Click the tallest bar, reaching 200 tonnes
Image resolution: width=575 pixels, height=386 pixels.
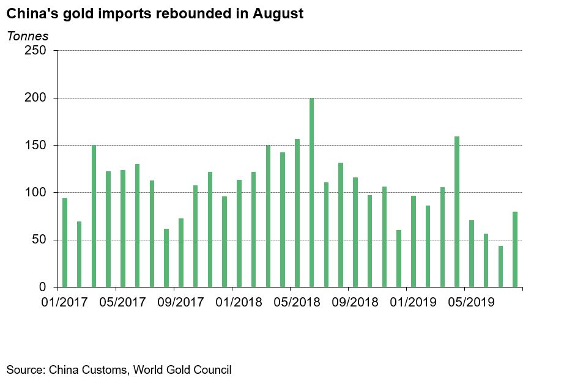tap(311, 193)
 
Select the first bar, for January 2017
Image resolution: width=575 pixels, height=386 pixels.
tap(65, 243)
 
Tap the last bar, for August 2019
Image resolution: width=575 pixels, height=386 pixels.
tap(515, 250)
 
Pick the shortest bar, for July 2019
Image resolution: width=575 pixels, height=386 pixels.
tap(500, 267)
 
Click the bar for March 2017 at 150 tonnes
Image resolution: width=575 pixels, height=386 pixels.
tap(94, 216)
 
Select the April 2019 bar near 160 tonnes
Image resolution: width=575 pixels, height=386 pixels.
tap(457, 212)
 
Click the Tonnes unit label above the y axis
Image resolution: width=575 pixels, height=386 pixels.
tap(28, 35)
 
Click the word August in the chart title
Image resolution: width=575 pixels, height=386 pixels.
tap(278, 13)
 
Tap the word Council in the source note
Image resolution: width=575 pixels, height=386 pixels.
tap(213, 369)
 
